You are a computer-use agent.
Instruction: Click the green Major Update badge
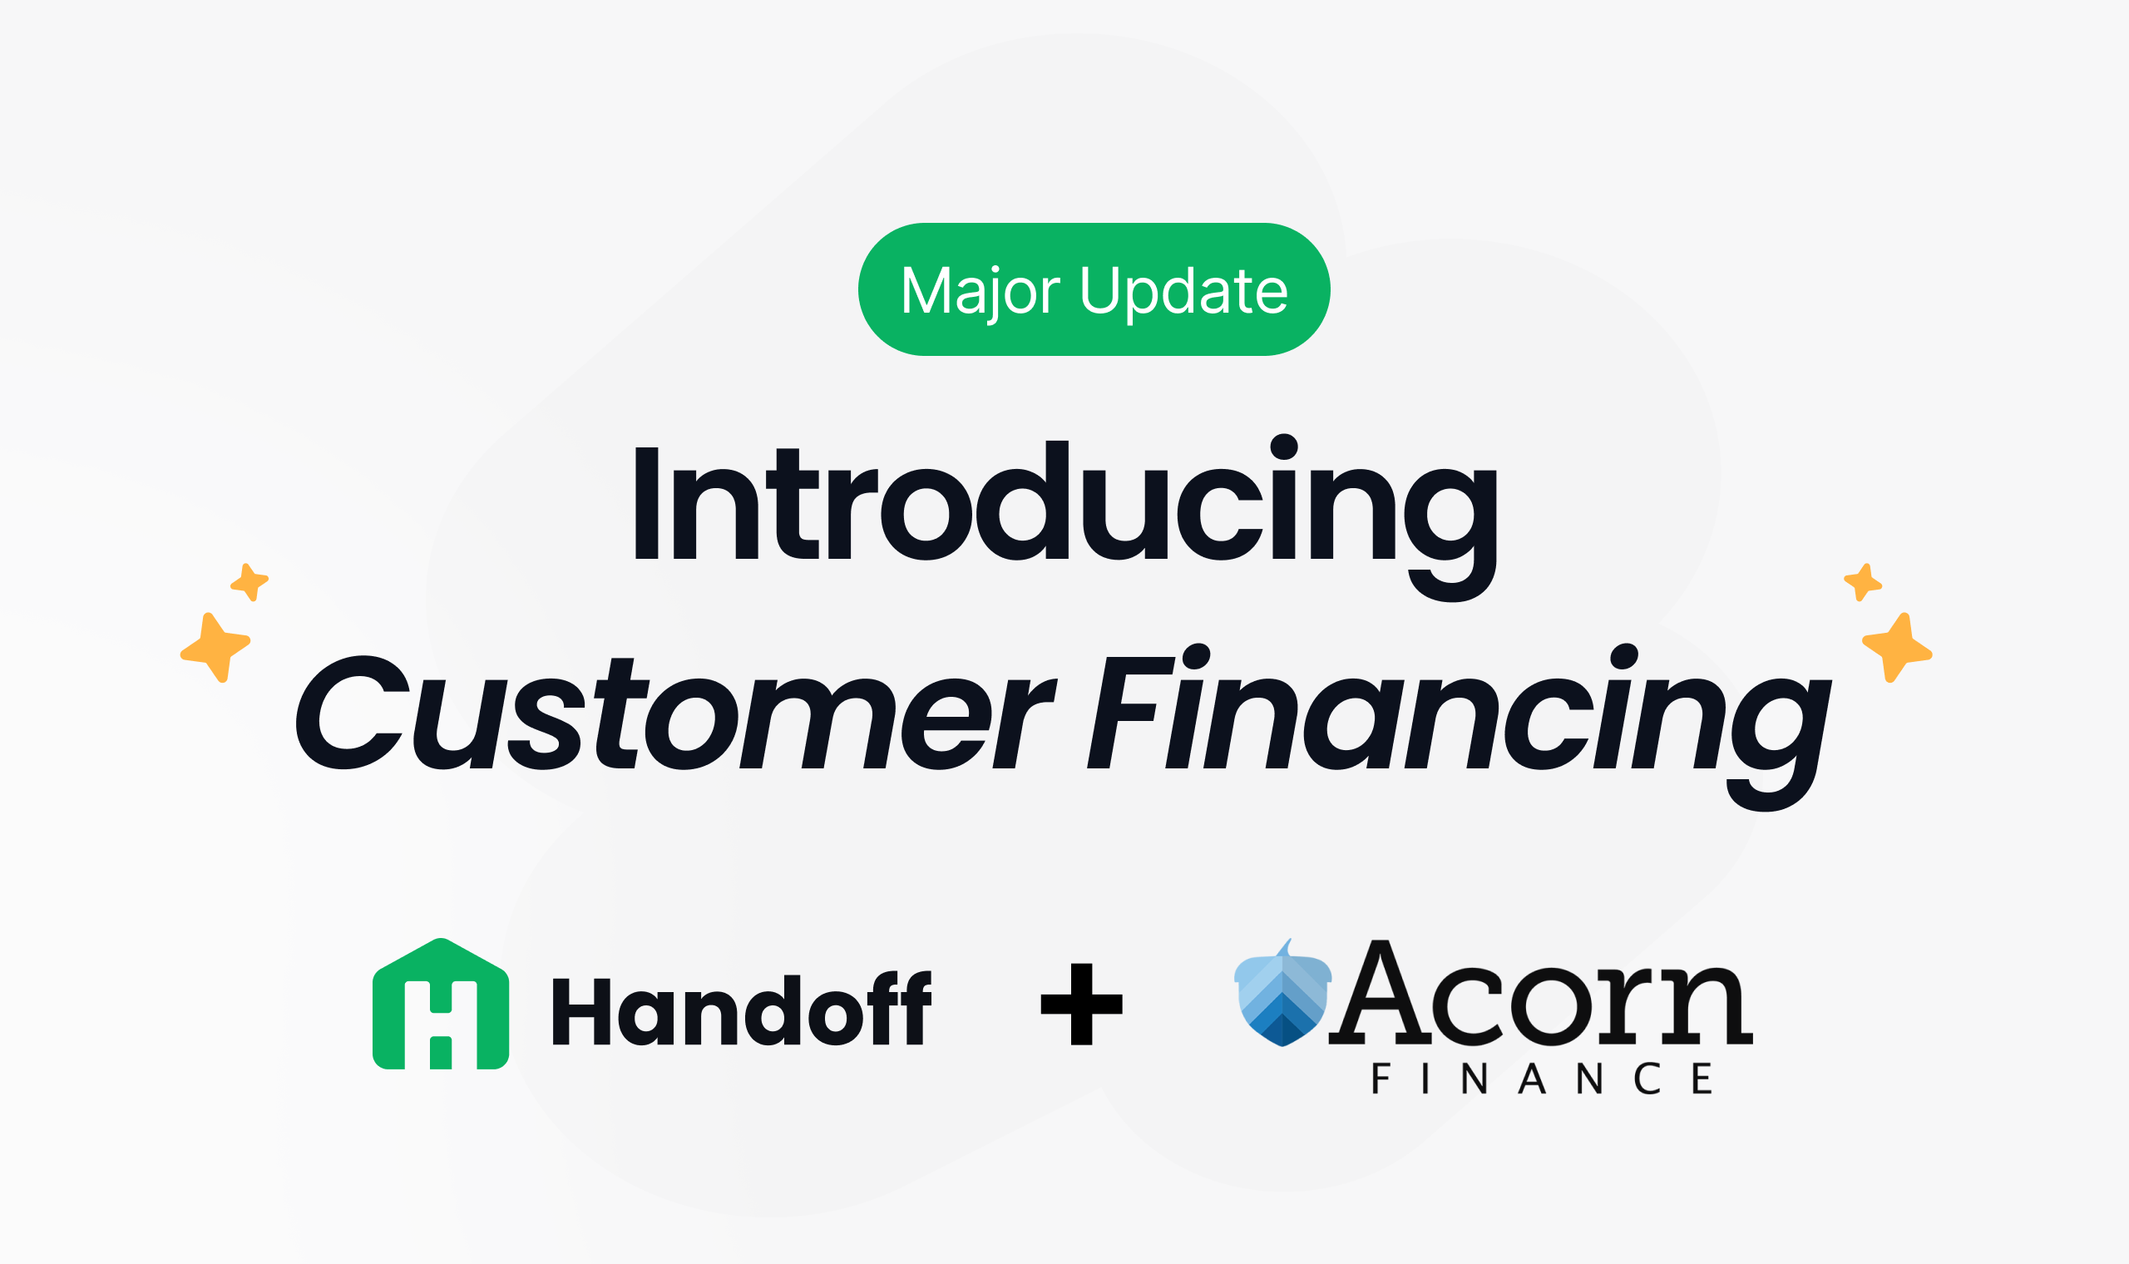1094,289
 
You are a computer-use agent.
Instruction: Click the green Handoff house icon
440,1004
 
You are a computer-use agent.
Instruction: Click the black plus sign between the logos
1081,1005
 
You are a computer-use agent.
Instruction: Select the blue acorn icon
1282,992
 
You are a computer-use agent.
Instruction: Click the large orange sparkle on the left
215,647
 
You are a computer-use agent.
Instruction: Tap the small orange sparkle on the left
249,583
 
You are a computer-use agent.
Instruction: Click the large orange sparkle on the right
1897,647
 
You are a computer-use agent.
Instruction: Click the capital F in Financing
1131,713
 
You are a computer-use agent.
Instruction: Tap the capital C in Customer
353,713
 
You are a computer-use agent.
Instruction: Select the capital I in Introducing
646,503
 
